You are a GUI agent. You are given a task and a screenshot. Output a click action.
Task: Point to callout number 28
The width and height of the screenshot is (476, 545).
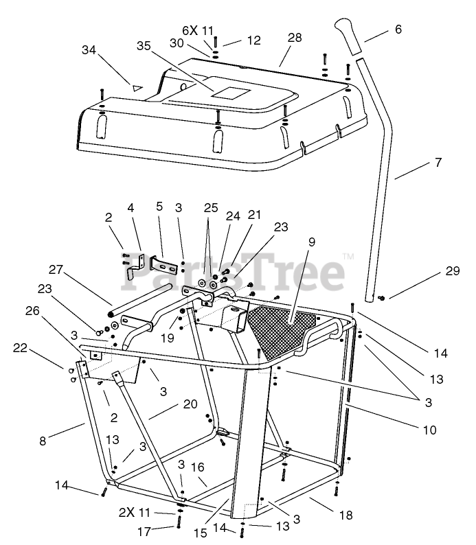(295, 38)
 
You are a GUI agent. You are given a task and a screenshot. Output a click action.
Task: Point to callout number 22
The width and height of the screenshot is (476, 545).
(21, 348)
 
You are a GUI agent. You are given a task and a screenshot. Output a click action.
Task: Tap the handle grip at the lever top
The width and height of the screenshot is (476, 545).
(351, 37)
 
